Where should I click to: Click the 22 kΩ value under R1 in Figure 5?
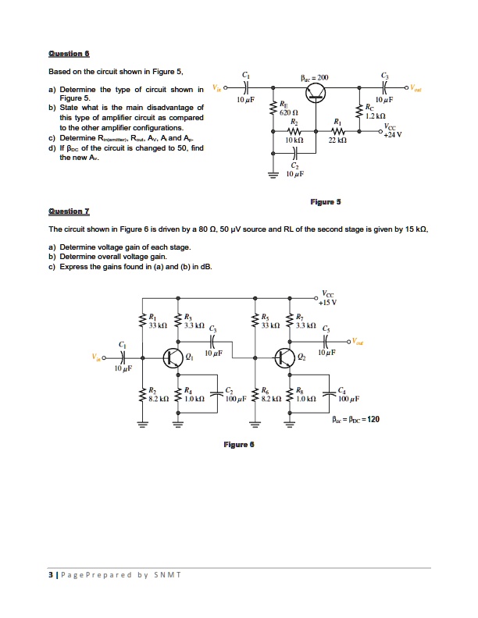tap(337, 143)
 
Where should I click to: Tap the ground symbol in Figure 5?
tap(273, 176)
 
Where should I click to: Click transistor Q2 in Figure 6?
tap(284, 358)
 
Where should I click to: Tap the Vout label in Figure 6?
tap(359, 339)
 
